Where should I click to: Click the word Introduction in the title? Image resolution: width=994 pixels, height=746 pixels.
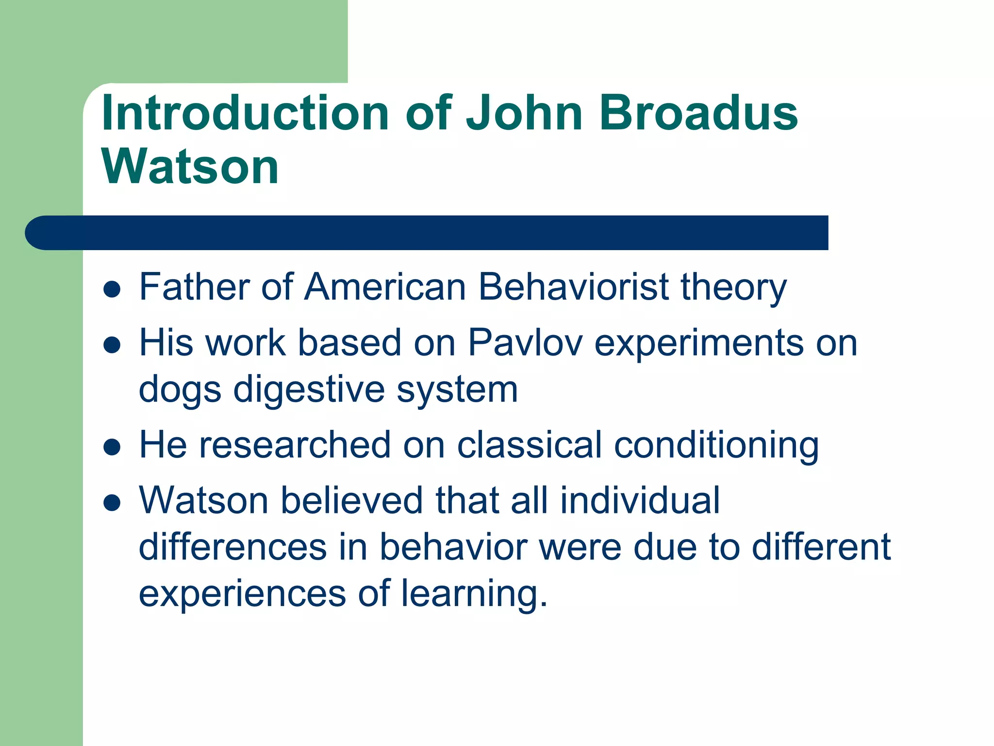[x=245, y=113]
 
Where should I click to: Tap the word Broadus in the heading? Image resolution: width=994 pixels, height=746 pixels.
[x=698, y=113]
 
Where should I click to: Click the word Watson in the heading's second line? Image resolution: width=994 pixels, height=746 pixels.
[x=190, y=167]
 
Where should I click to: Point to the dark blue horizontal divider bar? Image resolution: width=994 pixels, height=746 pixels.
[x=427, y=233]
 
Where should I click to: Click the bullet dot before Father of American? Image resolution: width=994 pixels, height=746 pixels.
[x=112, y=289]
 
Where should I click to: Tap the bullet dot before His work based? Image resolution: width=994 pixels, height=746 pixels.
[x=112, y=345]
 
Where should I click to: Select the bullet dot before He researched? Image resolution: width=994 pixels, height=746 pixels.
[x=112, y=447]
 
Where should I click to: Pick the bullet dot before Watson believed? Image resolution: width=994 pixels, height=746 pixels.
[x=112, y=503]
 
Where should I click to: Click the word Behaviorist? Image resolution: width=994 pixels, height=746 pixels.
[x=573, y=287]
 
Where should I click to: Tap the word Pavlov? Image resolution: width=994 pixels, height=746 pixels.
[x=525, y=343]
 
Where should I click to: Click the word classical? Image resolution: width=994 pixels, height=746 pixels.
[x=529, y=445]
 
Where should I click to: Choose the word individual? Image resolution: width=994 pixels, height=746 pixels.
[x=640, y=500]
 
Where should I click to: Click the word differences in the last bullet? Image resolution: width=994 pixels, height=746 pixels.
[x=232, y=547]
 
